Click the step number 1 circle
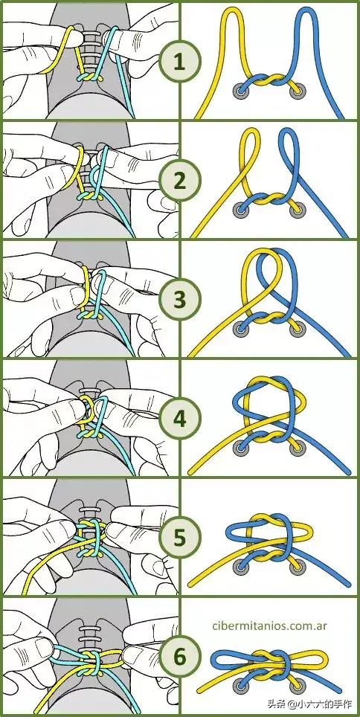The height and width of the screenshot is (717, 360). point(179,62)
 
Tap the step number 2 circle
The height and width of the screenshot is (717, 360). point(179,181)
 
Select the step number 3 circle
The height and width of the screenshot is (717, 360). point(179,300)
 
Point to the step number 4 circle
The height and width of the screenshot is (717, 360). point(179,419)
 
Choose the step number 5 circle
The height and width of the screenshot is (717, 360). point(179,538)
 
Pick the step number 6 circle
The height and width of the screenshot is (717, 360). point(179,657)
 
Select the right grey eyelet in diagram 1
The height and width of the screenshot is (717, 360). point(298,91)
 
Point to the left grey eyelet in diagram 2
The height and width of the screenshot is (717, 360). point(240,210)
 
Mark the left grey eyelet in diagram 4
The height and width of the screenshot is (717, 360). point(240,448)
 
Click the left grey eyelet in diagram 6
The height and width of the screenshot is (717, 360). point(240,686)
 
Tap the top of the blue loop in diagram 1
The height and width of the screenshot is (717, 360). point(306,10)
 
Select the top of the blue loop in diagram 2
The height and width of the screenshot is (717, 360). point(289,132)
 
